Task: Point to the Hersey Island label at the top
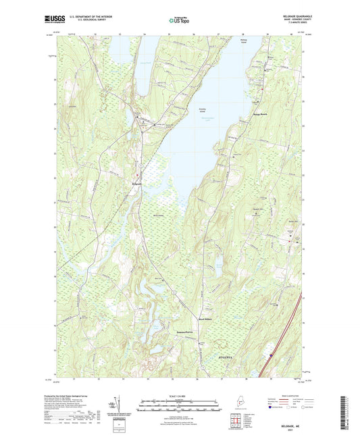244,42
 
